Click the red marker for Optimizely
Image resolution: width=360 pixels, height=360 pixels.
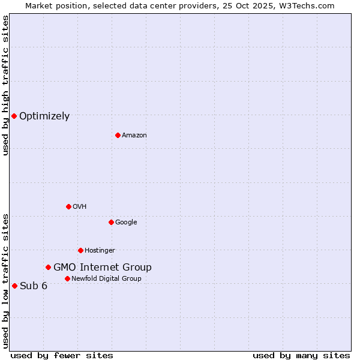coord(14,116)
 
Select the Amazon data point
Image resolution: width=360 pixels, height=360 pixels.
coord(118,135)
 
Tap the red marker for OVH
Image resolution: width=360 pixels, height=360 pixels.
coord(68,206)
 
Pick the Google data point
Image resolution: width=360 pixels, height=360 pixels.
coord(111,222)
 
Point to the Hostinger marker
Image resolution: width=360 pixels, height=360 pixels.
coord(80,250)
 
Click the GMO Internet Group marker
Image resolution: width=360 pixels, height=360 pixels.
coord(48,267)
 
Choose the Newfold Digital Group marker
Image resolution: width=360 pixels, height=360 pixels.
coord(67,278)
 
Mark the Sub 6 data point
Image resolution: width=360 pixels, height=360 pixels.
coord(14,286)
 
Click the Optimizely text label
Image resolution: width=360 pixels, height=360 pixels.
coord(44,116)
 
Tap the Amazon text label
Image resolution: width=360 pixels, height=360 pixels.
coord(134,136)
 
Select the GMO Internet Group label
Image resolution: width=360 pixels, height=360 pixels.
coord(103,268)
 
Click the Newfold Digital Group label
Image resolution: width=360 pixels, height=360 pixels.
coord(106,278)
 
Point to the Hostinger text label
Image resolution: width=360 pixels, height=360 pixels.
coord(100,251)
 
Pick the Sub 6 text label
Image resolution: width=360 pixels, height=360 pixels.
coord(34,286)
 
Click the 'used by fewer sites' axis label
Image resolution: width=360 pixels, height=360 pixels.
coord(62,355)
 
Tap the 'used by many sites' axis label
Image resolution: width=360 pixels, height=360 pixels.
coord(301,355)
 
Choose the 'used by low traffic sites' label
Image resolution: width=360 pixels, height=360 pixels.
coord(5,280)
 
